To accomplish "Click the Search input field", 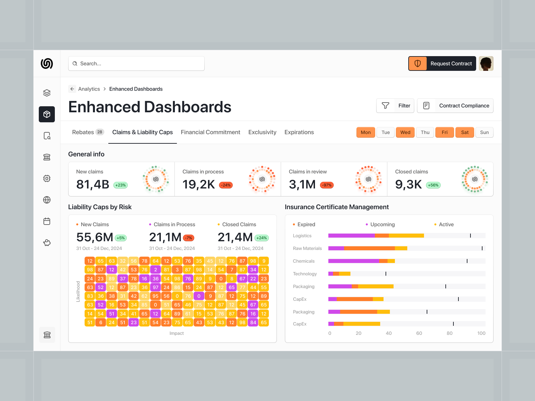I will (136, 63).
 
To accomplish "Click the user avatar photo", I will (486, 63).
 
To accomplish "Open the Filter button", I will (395, 106).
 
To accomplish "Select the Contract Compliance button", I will (455, 106).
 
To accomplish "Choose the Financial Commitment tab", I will (210, 132).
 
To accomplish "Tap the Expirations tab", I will (299, 132).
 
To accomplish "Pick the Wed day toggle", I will (405, 132).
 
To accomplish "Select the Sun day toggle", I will (484, 132).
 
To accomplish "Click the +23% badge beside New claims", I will (120, 185).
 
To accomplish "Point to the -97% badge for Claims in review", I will (327, 185).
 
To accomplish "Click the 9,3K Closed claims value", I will (408, 184).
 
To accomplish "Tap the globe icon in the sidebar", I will (47, 200).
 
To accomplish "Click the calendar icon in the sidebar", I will (47, 221).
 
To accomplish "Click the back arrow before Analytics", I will (72, 89).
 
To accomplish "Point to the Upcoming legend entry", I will (382, 225).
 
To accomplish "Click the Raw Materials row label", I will (307, 248).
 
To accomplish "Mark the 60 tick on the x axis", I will (419, 333).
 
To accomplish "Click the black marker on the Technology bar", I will (386, 274).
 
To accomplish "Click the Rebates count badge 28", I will (100, 132).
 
